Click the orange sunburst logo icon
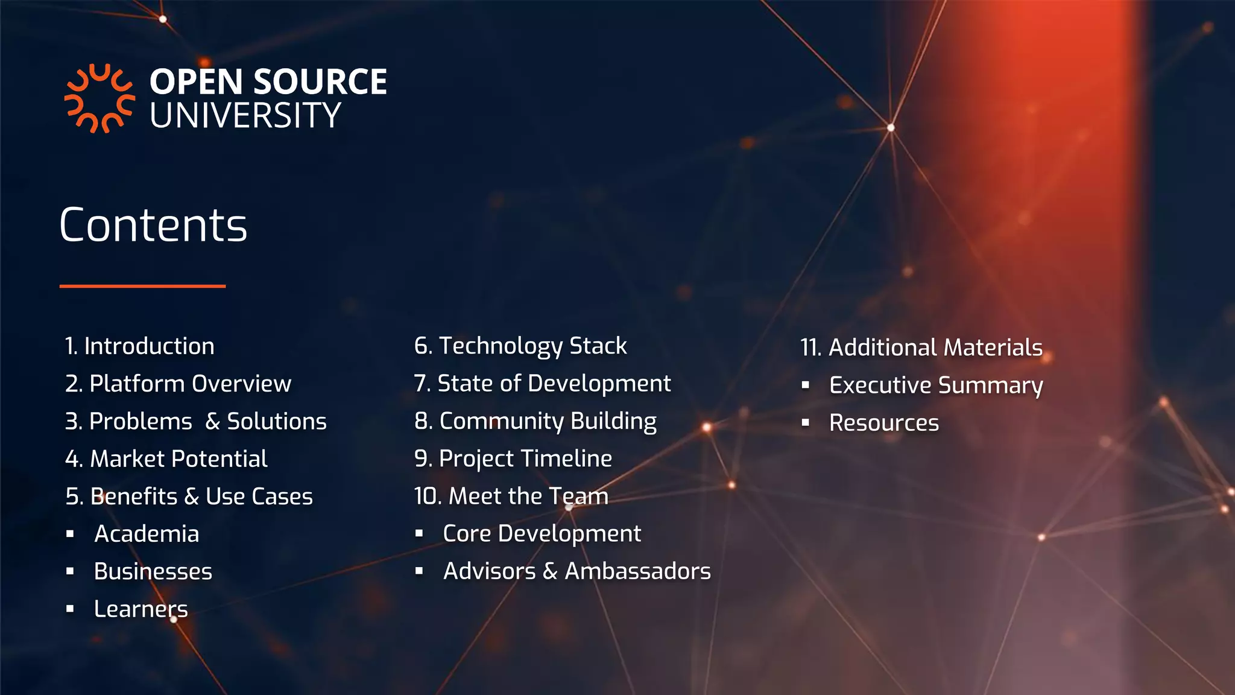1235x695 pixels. [99, 98]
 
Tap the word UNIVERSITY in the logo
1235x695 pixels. [245, 116]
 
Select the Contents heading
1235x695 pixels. [153, 225]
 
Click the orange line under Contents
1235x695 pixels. [142, 286]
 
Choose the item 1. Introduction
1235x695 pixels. [140, 346]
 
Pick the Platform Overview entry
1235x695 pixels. [178, 384]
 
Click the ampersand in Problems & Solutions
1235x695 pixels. [212, 422]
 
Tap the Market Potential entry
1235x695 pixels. [166, 459]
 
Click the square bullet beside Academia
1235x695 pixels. [71, 534]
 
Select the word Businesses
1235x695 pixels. [153, 571]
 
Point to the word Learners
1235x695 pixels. [141, 609]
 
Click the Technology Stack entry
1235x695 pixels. [520, 346]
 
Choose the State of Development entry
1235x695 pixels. [542, 384]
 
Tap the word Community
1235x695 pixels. [502, 421]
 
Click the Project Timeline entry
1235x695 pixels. [513, 459]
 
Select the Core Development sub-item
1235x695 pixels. [542, 534]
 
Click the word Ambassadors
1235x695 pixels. [637, 571]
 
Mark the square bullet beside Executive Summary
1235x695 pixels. [806, 385]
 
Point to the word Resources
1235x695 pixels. [884, 423]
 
